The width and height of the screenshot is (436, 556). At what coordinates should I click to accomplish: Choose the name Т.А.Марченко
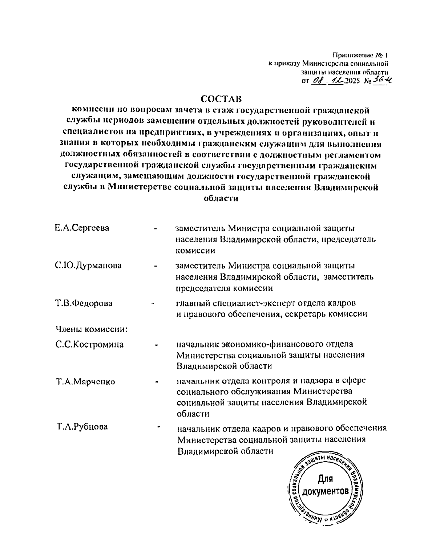(85, 382)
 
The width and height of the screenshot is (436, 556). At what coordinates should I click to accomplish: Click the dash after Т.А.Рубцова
(159, 427)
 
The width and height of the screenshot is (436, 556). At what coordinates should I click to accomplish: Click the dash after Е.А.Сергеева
(156, 229)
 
